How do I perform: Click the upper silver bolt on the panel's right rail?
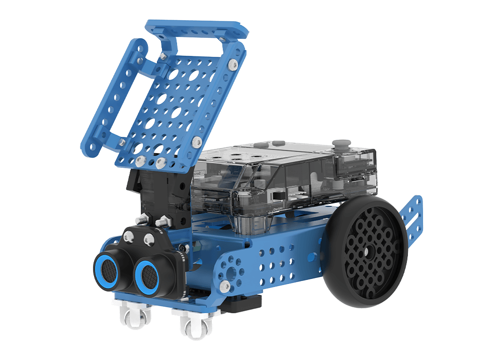232,64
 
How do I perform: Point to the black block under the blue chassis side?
246,303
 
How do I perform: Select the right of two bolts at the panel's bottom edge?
160,163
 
